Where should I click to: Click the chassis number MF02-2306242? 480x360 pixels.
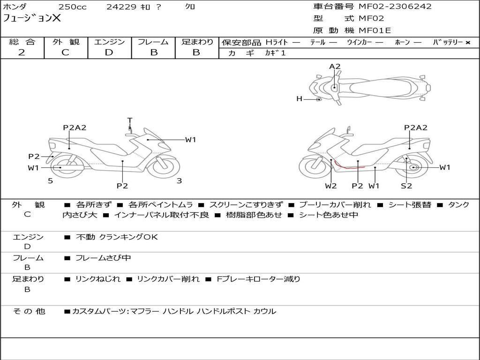pyautogui.click(x=395, y=7)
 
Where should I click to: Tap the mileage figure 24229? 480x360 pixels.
pyautogui.click(x=121, y=7)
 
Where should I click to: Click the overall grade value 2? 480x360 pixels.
pyautogui.click(x=22, y=52)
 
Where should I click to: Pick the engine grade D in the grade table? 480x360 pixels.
pyautogui.click(x=109, y=52)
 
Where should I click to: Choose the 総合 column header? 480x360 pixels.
pyautogui.click(x=22, y=42)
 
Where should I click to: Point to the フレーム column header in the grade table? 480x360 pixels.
pyautogui.click(x=153, y=42)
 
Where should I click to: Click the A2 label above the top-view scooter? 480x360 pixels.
pyautogui.click(x=335, y=67)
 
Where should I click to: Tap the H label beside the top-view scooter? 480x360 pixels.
pyautogui.click(x=299, y=99)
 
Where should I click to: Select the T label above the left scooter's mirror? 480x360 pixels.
pyautogui.click(x=130, y=120)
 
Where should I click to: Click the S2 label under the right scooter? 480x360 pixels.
pyautogui.click(x=406, y=186)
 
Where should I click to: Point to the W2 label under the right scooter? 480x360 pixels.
pyautogui.click(x=331, y=186)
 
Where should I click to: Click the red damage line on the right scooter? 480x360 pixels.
pyautogui.click(x=347, y=166)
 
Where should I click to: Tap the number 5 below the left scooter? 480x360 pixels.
pyautogui.click(x=50, y=180)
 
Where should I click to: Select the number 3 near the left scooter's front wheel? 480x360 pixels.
pyautogui.click(x=179, y=180)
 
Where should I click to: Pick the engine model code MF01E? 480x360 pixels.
pyautogui.click(x=375, y=31)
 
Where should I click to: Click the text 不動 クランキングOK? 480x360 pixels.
pyautogui.click(x=117, y=237)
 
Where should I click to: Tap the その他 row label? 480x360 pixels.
pyautogui.click(x=29, y=311)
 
